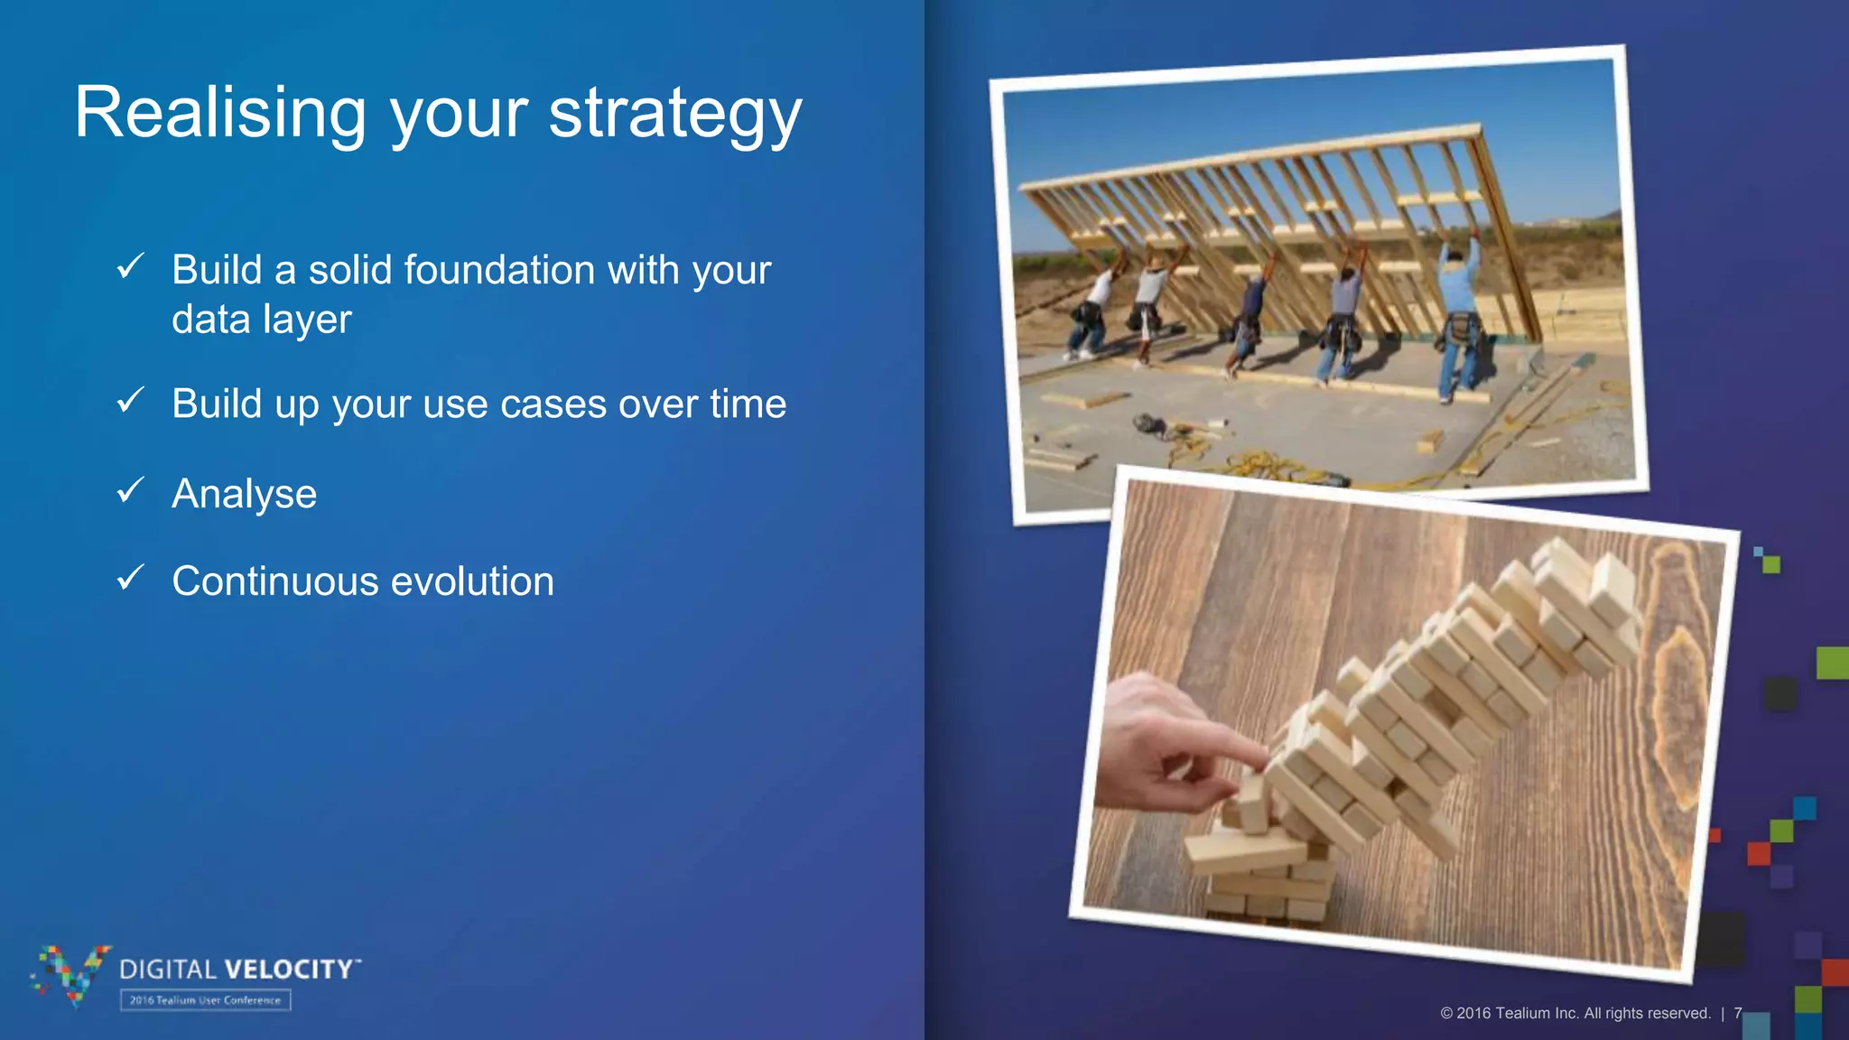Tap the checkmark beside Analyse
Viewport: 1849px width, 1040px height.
pos(131,490)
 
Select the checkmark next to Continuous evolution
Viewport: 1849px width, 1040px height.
pos(131,578)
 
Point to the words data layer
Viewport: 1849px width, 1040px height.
pos(262,320)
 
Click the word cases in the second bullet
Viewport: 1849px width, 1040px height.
pos(553,404)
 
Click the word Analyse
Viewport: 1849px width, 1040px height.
pos(245,494)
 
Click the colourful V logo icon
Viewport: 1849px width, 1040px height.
pos(72,973)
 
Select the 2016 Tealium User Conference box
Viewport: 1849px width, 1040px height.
pos(206,1000)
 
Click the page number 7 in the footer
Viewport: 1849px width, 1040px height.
pos(1737,1013)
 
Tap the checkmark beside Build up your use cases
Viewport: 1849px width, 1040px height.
pos(131,400)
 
